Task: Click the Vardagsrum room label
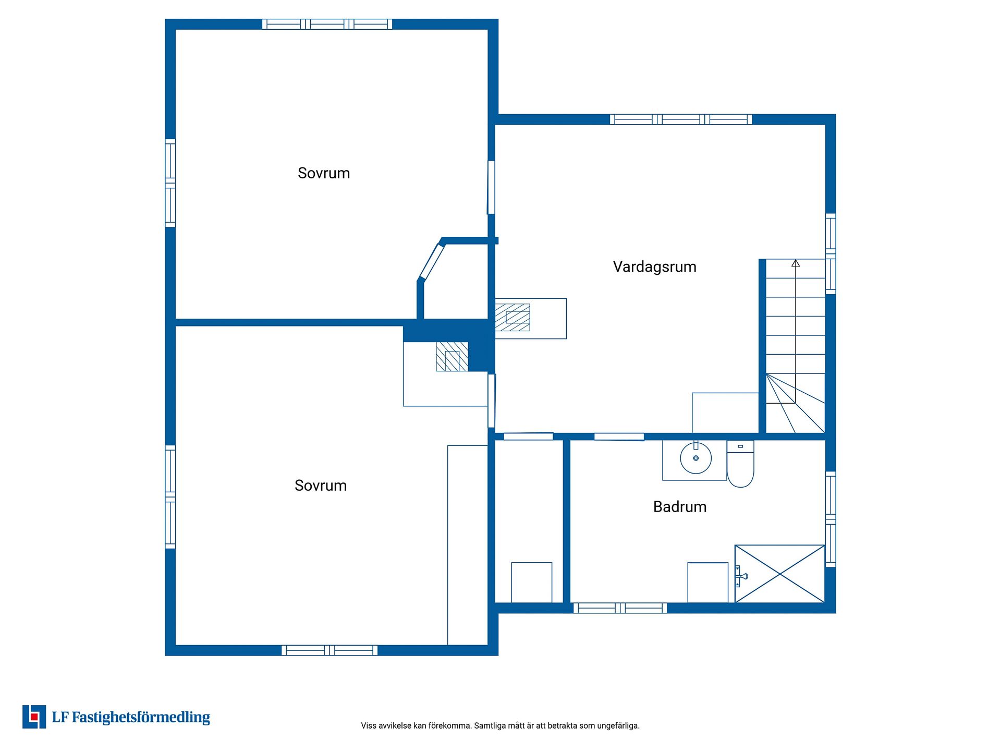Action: pos(654,267)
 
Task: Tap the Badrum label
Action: pos(680,507)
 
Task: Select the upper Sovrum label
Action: pos(324,173)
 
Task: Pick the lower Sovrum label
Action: pos(321,486)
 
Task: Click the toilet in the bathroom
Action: pos(740,464)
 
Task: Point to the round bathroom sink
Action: pos(695,458)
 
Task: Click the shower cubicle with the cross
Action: pos(780,574)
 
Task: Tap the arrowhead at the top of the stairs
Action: pos(796,263)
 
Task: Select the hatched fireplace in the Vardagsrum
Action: pos(512,318)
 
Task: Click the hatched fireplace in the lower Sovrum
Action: pos(452,357)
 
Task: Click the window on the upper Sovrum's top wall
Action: pos(327,24)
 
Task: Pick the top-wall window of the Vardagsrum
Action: pos(681,119)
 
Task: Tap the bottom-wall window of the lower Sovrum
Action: pos(329,650)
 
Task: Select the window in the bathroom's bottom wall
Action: pos(620,608)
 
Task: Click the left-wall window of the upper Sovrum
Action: pos(170,183)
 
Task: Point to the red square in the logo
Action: pos(34,717)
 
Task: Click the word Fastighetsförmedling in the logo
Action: pos(141,718)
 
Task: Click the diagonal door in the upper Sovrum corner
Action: pos(432,262)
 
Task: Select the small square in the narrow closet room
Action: pos(532,583)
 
